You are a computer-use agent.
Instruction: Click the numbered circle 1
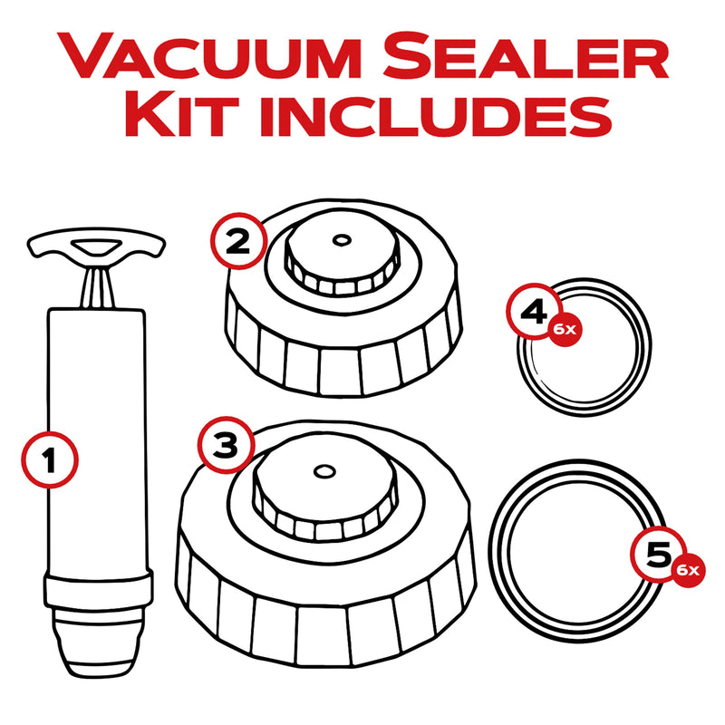point(50,460)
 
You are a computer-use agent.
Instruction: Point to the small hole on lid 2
point(341,240)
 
